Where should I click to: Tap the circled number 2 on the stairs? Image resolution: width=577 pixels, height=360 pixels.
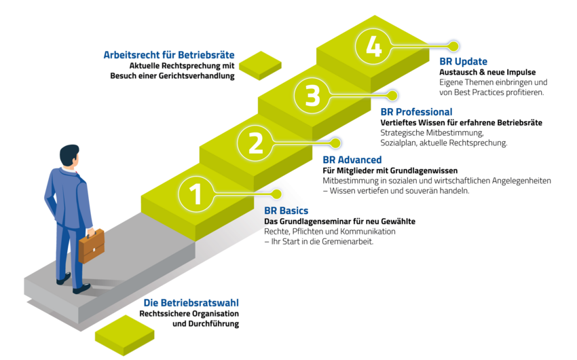255,144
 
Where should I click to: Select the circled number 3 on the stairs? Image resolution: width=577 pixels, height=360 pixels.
312,96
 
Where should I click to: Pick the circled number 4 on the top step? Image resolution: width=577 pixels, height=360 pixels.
373,48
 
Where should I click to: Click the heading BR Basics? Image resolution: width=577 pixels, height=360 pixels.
286,211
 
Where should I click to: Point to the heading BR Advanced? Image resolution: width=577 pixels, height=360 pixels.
352,160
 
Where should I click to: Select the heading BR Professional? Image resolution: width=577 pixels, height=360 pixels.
416,112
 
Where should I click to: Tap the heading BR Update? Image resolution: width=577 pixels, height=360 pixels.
463,62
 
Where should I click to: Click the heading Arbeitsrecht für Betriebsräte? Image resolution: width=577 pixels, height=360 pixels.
169,54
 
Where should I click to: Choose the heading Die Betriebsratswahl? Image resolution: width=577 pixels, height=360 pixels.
191,303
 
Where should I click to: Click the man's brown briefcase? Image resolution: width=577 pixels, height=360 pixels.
91,246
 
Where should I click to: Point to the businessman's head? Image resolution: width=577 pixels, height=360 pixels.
69,156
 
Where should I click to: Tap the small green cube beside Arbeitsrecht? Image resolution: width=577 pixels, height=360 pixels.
259,66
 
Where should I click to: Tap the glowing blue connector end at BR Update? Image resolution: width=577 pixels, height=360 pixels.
453,45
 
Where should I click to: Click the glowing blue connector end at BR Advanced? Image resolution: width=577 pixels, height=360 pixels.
335,143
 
